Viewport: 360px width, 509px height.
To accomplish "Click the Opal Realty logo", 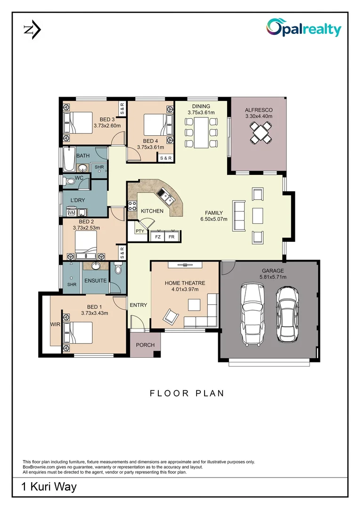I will pos(303,28).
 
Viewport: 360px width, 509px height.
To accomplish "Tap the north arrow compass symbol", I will pos(32,30).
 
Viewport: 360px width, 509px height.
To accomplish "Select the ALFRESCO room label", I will pos(259,110).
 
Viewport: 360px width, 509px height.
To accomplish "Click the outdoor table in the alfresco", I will pos(258,132).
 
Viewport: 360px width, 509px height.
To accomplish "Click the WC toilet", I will pos(70,181).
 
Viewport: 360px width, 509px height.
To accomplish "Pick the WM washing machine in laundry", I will pos(71,213).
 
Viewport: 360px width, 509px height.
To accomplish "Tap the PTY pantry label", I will pos(140,231).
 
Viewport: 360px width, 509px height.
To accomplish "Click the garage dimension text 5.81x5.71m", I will pos(273,277).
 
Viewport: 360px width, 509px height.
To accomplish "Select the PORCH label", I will pos(145,345).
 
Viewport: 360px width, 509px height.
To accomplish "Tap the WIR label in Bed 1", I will pos(55,325).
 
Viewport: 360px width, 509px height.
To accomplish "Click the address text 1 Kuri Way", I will pos(49,487).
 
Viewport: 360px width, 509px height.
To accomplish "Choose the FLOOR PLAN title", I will pos(187,393).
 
